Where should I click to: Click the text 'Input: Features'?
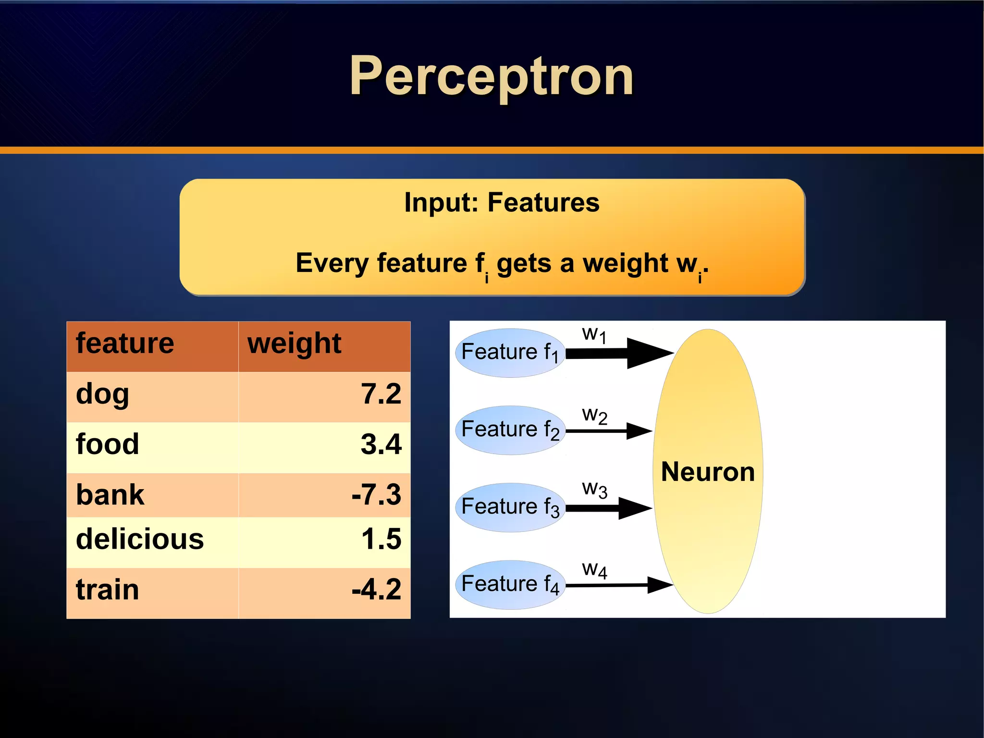[502, 202]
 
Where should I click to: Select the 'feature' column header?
[125, 344]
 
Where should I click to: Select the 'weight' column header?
[294, 344]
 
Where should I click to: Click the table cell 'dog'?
[103, 395]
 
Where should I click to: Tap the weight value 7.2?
[381, 394]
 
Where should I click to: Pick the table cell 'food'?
[108, 444]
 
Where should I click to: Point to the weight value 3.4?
[381, 444]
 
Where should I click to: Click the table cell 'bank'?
[110, 495]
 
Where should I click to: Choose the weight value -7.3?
[376, 495]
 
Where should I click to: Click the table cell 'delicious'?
[140, 539]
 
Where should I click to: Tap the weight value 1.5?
[381, 539]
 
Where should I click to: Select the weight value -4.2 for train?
[376, 590]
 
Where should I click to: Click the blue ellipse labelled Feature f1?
[509, 353]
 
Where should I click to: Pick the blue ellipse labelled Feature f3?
[509, 507]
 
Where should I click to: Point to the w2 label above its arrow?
[594, 416]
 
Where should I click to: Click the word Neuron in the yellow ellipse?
[708, 472]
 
